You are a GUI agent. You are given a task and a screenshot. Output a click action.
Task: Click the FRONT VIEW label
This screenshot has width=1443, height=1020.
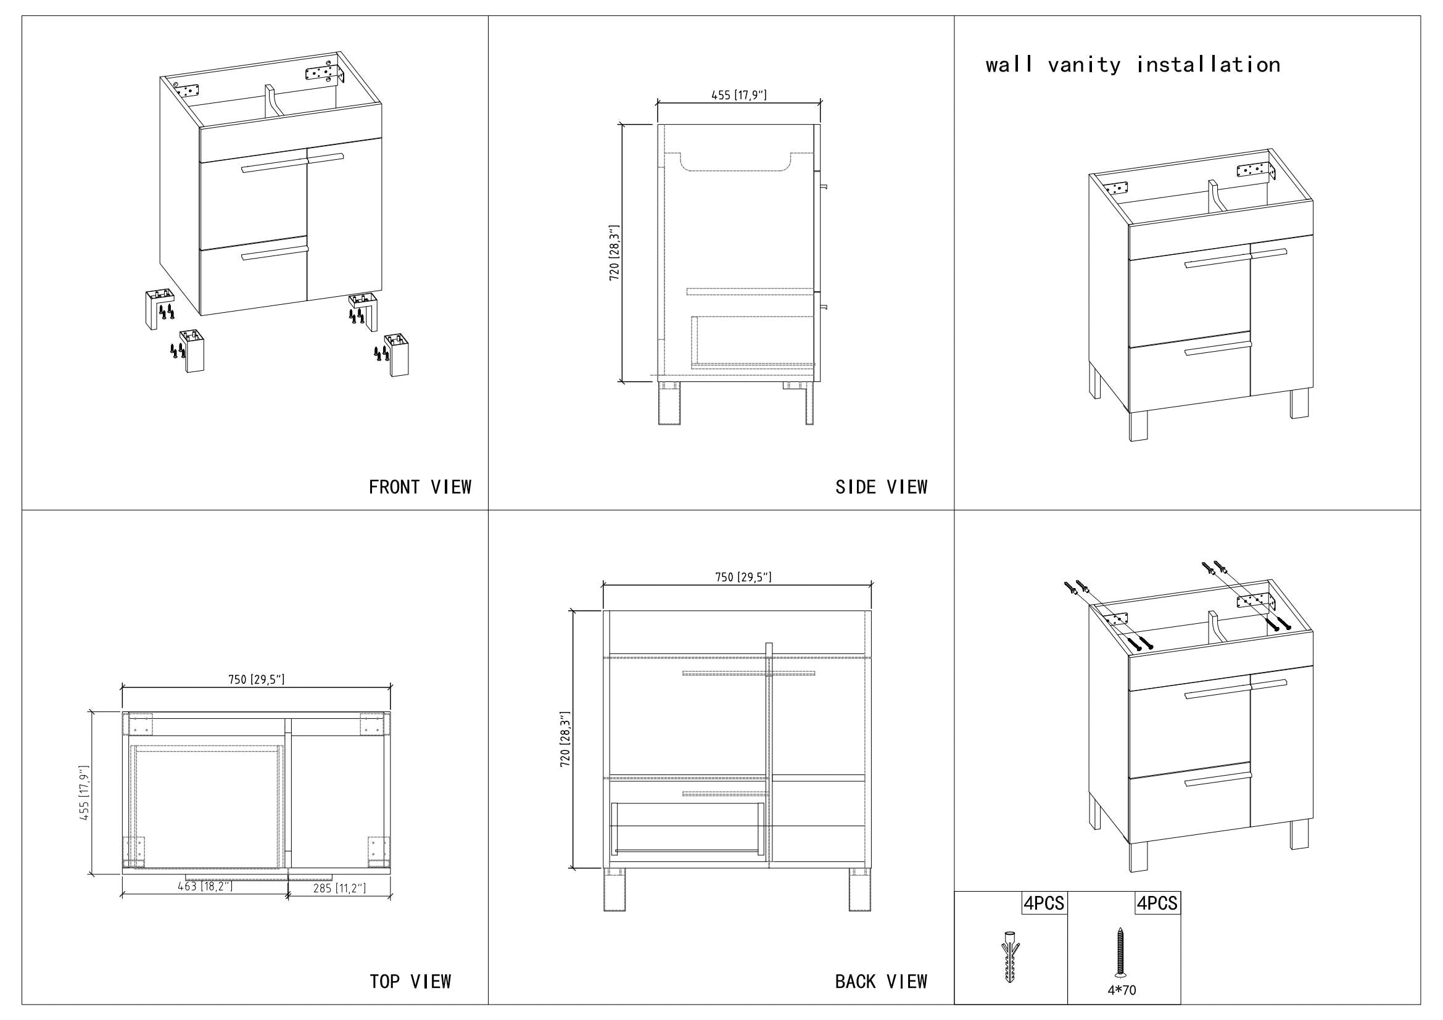pyautogui.click(x=420, y=487)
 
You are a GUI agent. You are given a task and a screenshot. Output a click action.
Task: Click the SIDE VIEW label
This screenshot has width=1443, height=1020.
pyautogui.click(x=881, y=487)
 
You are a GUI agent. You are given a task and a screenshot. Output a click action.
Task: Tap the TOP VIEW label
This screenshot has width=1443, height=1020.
pyautogui.click(x=410, y=981)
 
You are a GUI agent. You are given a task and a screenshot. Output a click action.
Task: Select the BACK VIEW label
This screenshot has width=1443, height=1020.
pyautogui.click(x=880, y=981)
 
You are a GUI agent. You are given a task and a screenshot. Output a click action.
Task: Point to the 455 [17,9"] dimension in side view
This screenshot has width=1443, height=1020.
pyautogui.click(x=738, y=95)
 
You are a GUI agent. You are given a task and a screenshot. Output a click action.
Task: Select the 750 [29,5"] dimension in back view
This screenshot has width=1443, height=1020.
pyautogui.click(x=743, y=577)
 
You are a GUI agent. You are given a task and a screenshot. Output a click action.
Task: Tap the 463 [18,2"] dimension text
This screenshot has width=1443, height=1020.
pyautogui.click(x=205, y=886)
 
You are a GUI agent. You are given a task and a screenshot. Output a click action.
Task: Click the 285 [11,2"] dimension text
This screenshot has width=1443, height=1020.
pyautogui.click(x=339, y=888)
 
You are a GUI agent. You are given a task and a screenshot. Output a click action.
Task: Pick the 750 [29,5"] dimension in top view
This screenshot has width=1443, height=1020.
pyautogui.click(x=256, y=679)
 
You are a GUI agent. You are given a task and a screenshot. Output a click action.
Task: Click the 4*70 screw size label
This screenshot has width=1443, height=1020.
pyautogui.click(x=1122, y=990)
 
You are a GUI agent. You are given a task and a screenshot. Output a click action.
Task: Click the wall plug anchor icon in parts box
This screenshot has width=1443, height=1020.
pyautogui.click(x=1009, y=956)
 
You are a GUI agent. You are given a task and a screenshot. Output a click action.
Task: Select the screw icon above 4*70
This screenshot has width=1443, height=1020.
pyautogui.click(x=1120, y=952)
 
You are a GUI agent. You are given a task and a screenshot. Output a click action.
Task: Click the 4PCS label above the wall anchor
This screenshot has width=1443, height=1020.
pyautogui.click(x=1044, y=903)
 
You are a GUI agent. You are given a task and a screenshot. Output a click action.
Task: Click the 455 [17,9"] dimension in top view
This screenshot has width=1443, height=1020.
pyautogui.click(x=85, y=792)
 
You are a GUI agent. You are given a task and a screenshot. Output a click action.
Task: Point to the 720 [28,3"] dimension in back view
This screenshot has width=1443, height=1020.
pyautogui.click(x=565, y=739)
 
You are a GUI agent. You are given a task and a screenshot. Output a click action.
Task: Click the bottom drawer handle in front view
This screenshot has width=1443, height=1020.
pyautogui.click(x=275, y=252)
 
